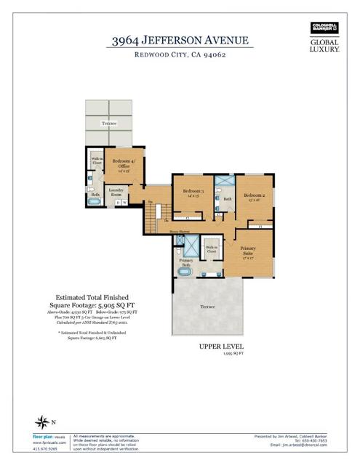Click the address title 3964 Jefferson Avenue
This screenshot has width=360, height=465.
tap(180, 41)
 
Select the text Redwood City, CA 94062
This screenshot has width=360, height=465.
tap(180, 56)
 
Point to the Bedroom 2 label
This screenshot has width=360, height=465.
tap(255, 196)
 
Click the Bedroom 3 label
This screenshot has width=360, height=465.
tap(191, 193)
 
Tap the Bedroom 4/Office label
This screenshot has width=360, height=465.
tap(121, 163)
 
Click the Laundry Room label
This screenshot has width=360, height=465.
tap(116, 193)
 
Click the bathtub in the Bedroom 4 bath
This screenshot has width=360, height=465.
tap(95, 206)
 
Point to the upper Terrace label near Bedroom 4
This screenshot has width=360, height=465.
tap(108, 124)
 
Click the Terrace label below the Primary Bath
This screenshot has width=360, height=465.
tap(208, 307)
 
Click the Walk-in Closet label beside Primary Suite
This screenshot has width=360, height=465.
tap(212, 249)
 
